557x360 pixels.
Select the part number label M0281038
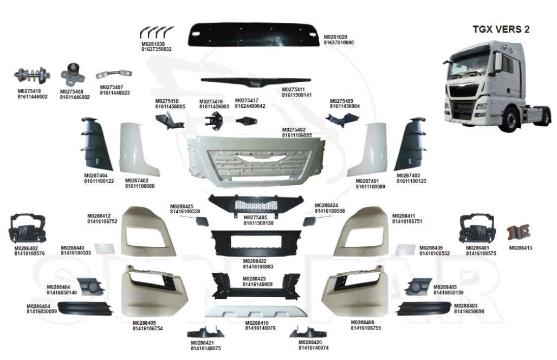click(153, 44)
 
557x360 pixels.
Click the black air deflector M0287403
click(412, 143)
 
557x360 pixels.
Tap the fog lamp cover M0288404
click(89, 286)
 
